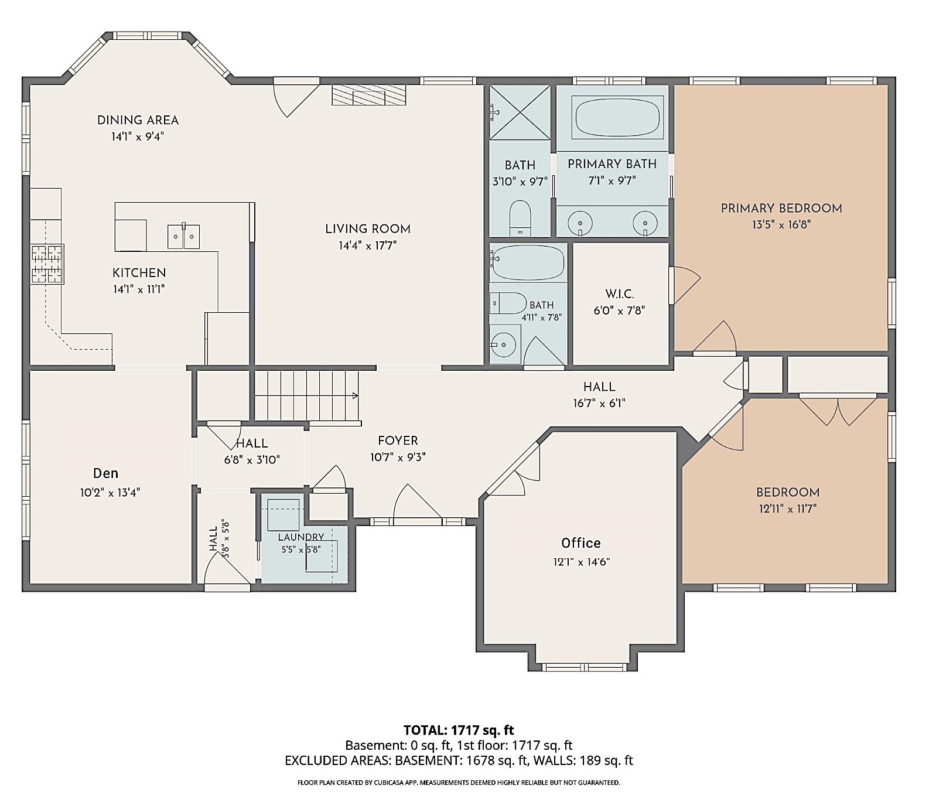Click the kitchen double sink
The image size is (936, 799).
coord(184,236)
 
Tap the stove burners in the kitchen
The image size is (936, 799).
coord(47,264)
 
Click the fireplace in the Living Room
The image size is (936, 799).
coord(369,95)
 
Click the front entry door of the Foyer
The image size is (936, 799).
coord(418,504)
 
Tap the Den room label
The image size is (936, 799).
coord(105,473)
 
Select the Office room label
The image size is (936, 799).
coord(581,543)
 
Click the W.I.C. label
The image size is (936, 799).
coord(620,294)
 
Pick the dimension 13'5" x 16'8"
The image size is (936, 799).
coord(781,224)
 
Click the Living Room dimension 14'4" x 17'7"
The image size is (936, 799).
coord(368,245)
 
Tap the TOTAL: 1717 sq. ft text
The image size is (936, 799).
coord(459,730)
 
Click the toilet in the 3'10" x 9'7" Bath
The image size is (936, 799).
coord(520,217)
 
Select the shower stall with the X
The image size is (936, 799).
coord(520,112)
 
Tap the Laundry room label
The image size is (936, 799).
coord(301,537)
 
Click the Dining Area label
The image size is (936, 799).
coord(138,120)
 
